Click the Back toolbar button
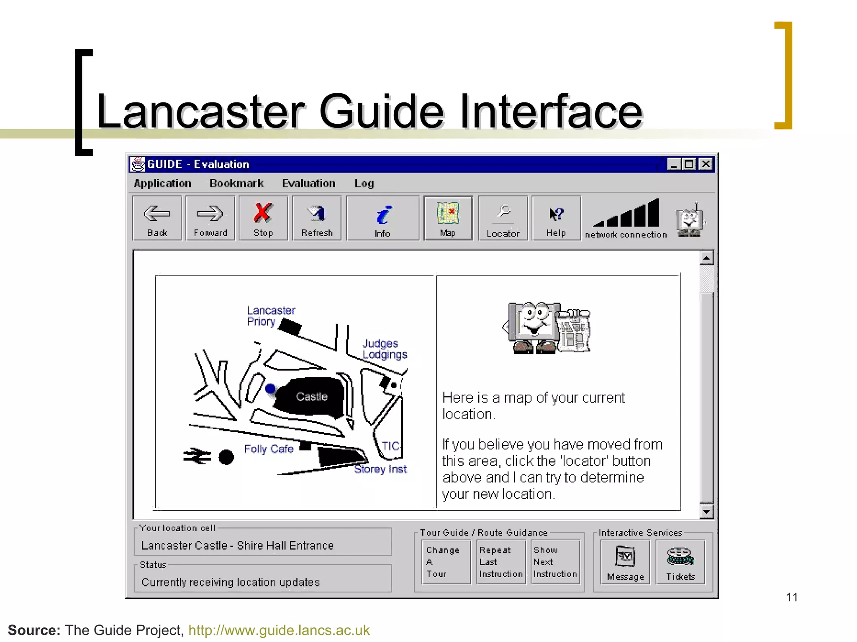coord(157,219)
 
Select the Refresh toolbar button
coord(317,219)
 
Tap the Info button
coord(382,219)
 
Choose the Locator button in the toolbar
coord(503,219)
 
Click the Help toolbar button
coord(556,219)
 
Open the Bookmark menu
coord(236,183)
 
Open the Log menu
coord(364,183)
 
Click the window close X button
coord(706,164)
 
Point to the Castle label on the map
coord(312,397)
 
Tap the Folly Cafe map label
coord(269,449)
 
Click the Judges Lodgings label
coord(385,349)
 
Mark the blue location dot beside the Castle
coord(271,389)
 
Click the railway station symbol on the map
coord(197,456)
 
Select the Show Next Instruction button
coord(555,562)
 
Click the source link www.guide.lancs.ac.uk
coord(279,630)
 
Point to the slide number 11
coord(792,597)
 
